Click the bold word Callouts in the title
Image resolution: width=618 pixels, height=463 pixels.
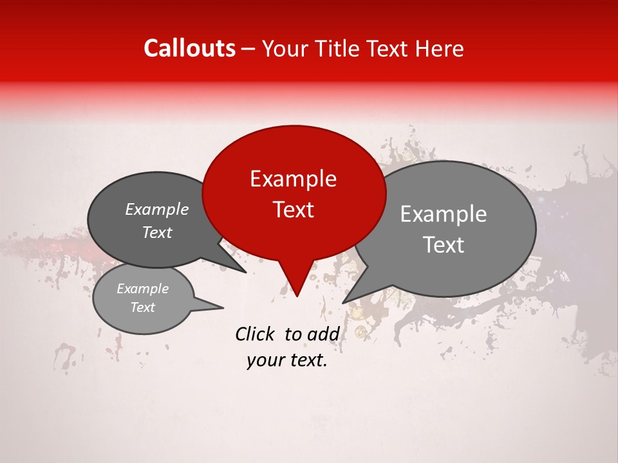189,48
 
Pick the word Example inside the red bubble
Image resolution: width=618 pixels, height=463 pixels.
294,179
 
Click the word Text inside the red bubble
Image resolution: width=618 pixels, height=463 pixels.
294,210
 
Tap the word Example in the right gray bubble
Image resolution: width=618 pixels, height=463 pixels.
444,214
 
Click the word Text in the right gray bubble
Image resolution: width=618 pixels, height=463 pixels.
444,245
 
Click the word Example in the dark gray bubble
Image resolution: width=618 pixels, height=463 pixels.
157,209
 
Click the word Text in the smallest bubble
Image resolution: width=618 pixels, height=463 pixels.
143,307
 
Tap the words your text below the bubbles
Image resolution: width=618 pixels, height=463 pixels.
287,361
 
